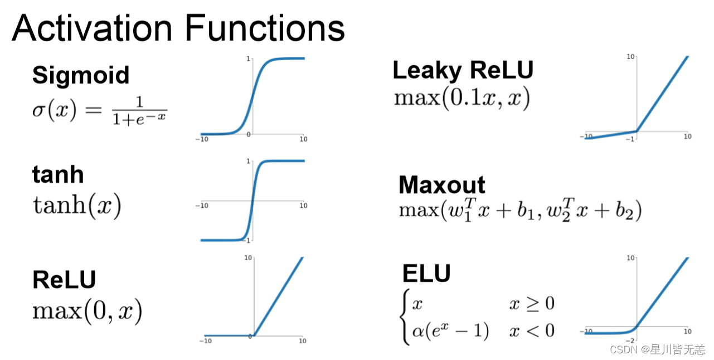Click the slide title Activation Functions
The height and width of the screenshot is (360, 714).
pyautogui.click(x=178, y=28)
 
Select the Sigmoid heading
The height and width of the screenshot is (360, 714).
pyautogui.click(x=81, y=75)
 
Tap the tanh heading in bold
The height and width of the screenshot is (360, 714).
pyautogui.click(x=58, y=174)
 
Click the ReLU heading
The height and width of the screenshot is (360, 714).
pyautogui.click(x=64, y=279)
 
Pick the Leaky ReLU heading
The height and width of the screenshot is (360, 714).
pyautogui.click(x=463, y=70)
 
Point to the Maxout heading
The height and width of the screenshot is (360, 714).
pyautogui.click(x=442, y=184)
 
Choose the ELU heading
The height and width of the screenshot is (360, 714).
pyautogui.click(x=426, y=274)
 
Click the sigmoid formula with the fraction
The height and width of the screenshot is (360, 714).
pyautogui.click(x=100, y=110)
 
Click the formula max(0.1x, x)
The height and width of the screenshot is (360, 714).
pyautogui.click(x=462, y=99)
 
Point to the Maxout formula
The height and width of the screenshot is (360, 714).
pyautogui.click(x=520, y=211)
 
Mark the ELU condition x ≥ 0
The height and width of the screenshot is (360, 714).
pyautogui.click(x=532, y=304)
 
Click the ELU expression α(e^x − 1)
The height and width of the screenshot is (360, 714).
pyautogui.click(x=450, y=330)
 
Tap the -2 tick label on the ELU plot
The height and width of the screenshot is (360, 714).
pyautogui.click(x=633, y=340)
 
